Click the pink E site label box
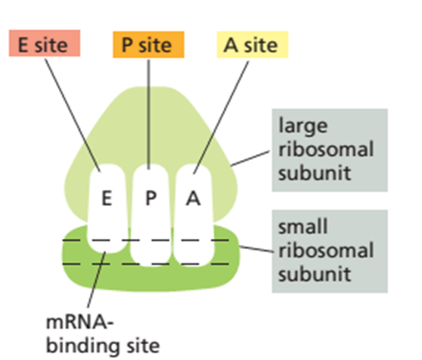[x=44, y=43]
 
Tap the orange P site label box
[x=148, y=45]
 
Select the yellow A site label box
[x=252, y=45]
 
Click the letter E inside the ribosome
[x=107, y=198]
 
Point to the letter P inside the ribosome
[x=151, y=198]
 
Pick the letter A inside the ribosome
[x=193, y=198]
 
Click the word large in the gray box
[x=303, y=127]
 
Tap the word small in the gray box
[x=303, y=227]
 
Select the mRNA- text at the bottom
[x=80, y=322]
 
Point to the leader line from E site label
[x=72, y=115]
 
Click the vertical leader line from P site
[x=149, y=114]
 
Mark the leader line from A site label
[x=221, y=117]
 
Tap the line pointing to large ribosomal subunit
[x=250, y=158]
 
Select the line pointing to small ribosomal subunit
[x=256, y=249]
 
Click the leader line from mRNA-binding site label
[x=97, y=279]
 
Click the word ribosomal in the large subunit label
[x=326, y=149]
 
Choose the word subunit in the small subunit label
[x=315, y=274]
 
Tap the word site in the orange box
[x=156, y=45]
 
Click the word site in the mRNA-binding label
[x=143, y=345]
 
